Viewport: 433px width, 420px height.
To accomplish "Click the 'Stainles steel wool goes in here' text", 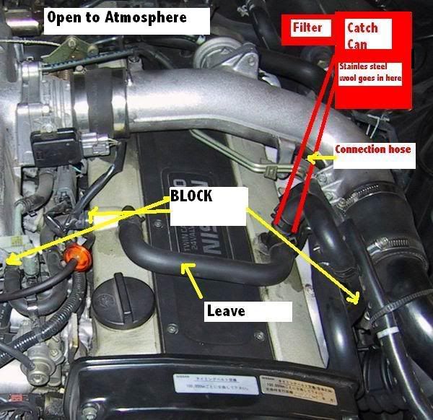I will tap(369, 72).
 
